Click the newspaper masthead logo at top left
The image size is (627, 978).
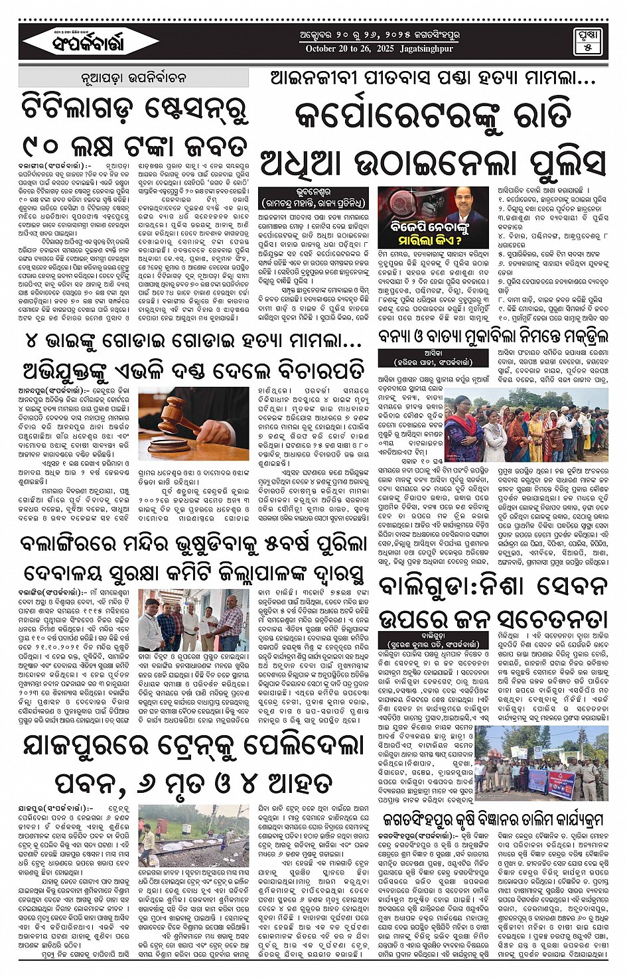[83, 42]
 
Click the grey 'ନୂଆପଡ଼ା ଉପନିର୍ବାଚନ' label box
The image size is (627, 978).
[135, 78]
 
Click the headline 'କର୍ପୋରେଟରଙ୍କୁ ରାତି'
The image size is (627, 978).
[433, 114]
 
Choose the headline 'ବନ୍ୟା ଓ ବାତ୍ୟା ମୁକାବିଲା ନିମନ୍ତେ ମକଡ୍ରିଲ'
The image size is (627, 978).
[492, 336]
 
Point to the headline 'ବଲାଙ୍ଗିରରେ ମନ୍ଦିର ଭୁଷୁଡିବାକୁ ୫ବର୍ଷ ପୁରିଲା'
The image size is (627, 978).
[192, 542]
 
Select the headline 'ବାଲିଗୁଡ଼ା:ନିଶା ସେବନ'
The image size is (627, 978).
[492, 587]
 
